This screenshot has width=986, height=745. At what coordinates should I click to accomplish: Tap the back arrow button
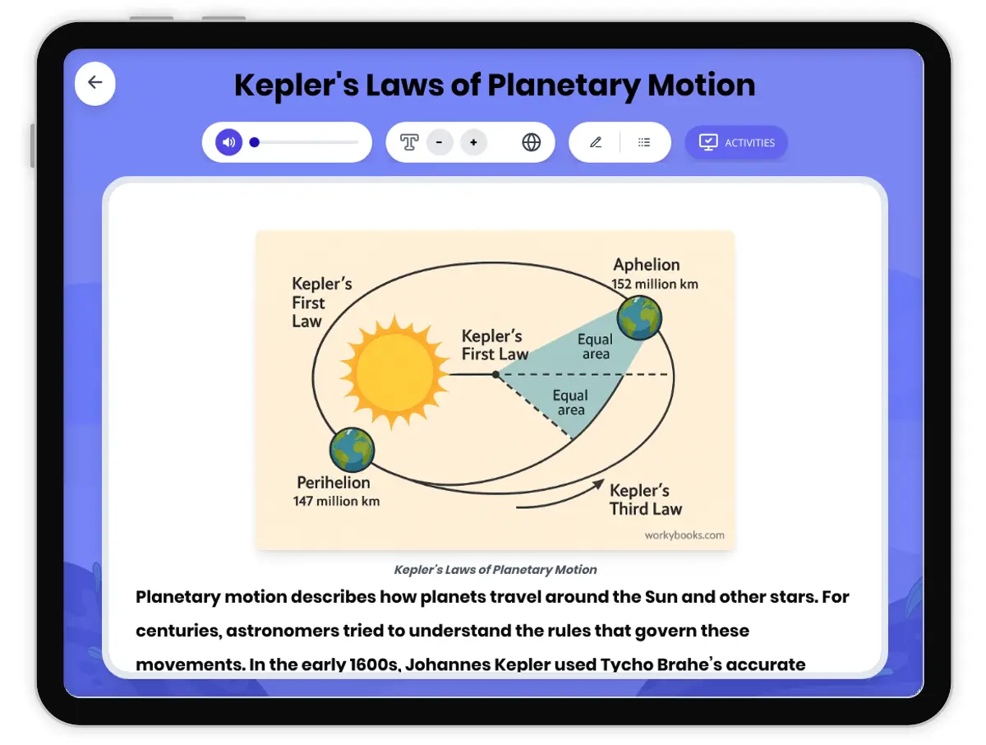95,82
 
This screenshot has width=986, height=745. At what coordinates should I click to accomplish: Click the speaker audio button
228,142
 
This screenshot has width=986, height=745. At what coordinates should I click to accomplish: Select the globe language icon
532,142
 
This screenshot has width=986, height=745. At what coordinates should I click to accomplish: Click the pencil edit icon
596,142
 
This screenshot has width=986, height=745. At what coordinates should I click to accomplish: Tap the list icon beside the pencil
644,142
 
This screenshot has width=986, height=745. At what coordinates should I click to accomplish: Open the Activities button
736,142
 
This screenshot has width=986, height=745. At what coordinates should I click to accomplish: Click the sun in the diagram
394,368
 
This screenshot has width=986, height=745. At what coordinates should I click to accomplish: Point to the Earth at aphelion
639,317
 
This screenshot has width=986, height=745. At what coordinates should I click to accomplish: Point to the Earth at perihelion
352,449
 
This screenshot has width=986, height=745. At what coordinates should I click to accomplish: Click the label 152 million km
655,285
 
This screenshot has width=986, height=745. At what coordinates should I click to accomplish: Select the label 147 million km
336,501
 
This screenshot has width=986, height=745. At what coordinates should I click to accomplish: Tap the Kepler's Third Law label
646,499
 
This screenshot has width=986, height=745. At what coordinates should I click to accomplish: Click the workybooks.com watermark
684,535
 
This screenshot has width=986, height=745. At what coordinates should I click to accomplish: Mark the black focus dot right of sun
495,374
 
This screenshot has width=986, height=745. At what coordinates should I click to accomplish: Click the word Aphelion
647,265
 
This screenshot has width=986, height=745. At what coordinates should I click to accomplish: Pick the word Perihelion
334,483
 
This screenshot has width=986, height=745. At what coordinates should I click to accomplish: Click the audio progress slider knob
255,142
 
